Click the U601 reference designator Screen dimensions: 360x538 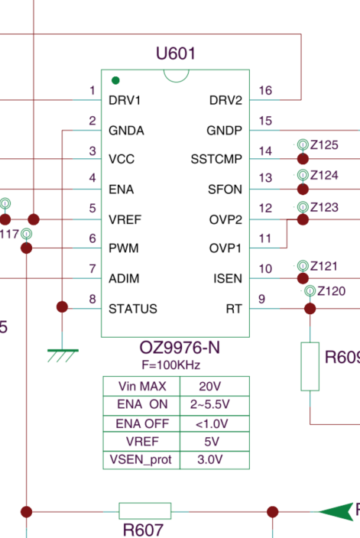(x=175, y=53)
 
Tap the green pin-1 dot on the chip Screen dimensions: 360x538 (x=115, y=80)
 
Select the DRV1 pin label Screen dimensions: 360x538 (x=125, y=100)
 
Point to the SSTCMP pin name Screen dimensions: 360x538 (x=216, y=159)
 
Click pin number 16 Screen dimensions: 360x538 (x=265, y=91)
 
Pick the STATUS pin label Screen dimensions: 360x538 (x=133, y=309)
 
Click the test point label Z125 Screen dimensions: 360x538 (x=324, y=144)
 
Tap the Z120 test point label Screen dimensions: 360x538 (x=331, y=291)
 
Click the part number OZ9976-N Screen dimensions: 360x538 (x=180, y=348)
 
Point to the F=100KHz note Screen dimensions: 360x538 (x=171, y=365)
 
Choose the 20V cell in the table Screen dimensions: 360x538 (x=209, y=387)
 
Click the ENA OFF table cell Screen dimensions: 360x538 (x=142, y=423)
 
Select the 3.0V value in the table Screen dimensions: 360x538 (x=210, y=459)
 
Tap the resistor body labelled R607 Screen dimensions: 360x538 (x=144, y=511)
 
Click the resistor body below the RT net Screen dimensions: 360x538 (x=310, y=367)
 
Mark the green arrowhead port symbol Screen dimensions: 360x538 (x=336, y=512)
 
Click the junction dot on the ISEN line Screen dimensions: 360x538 (x=303, y=278)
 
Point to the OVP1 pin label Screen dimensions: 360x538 (x=225, y=248)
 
